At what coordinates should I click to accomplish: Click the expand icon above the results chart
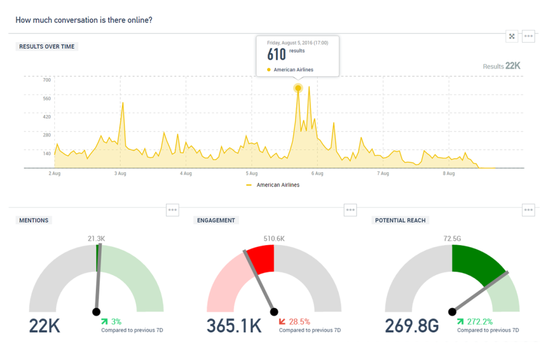pyautogui.click(x=512, y=36)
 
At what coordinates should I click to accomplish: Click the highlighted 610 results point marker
pyautogui.click(x=298, y=88)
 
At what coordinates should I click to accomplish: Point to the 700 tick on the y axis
pyautogui.click(x=46, y=80)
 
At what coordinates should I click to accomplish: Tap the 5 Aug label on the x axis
pyautogui.click(x=251, y=173)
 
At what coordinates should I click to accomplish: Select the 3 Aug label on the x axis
pyautogui.click(x=120, y=173)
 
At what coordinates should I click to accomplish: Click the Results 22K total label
pyautogui.click(x=501, y=66)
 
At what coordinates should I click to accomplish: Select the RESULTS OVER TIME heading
pyautogui.click(x=47, y=47)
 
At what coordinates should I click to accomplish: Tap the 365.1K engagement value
pyautogui.click(x=234, y=325)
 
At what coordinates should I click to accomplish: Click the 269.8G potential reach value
pyautogui.click(x=412, y=325)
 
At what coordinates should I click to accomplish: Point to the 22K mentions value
pyautogui.click(x=45, y=325)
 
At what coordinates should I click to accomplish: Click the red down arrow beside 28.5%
pyautogui.click(x=282, y=321)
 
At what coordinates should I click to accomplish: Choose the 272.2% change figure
pyautogui.click(x=477, y=321)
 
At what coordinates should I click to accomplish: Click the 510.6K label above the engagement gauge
pyautogui.click(x=274, y=239)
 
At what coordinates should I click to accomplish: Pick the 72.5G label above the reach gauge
pyautogui.click(x=452, y=239)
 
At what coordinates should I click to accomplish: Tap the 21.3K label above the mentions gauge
pyautogui.click(x=96, y=239)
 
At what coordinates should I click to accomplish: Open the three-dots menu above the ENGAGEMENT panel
pyautogui.click(x=350, y=210)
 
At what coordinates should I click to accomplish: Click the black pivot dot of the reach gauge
pyautogui.click(x=452, y=312)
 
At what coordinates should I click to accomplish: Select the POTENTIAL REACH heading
pyautogui.click(x=401, y=220)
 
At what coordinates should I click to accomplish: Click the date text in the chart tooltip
pyautogui.click(x=297, y=43)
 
